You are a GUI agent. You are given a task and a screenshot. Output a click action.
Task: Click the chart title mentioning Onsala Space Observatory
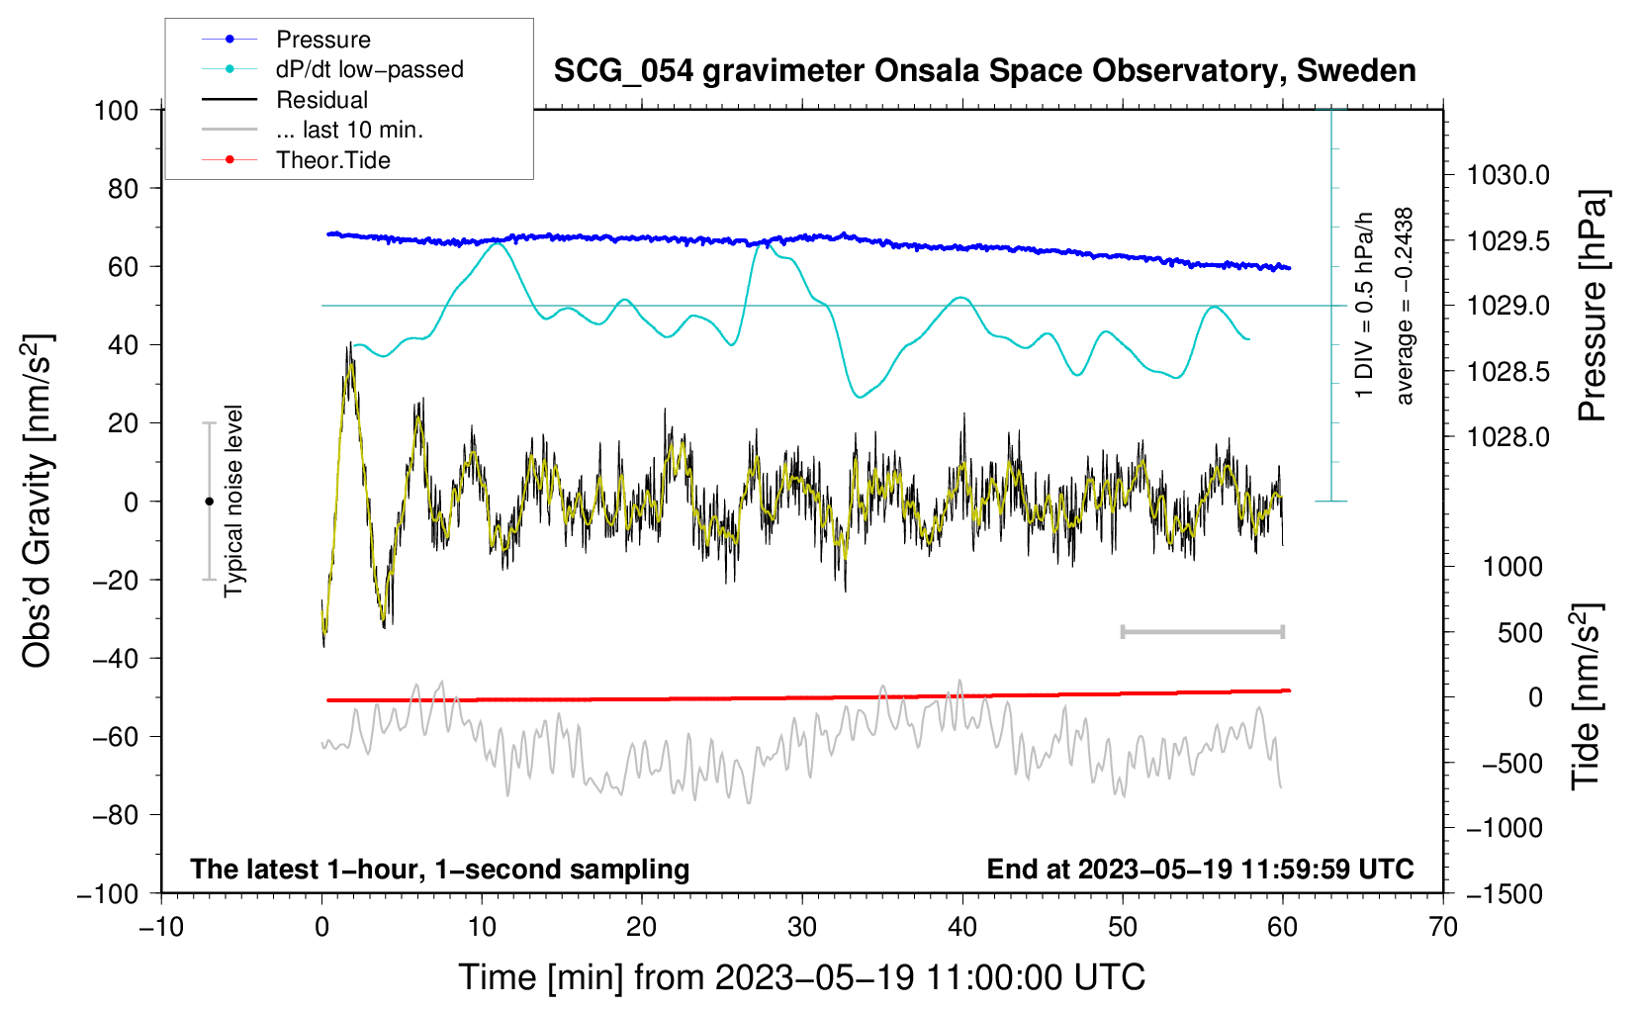[984, 71]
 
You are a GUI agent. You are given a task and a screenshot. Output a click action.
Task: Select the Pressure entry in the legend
[322, 40]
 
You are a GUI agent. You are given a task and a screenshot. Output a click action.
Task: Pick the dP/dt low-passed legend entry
[369, 69]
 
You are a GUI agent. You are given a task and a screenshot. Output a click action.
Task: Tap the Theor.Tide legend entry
[332, 160]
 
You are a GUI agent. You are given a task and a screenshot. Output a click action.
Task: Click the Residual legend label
[321, 100]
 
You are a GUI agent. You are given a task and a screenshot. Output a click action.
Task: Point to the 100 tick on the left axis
[116, 110]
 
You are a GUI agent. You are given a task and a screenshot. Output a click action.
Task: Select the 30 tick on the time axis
[802, 927]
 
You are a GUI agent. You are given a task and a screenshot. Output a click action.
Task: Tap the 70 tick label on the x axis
[1443, 927]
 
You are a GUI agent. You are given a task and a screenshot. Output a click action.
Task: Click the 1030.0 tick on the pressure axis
[1507, 175]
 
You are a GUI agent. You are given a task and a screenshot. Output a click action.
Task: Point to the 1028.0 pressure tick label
[1507, 437]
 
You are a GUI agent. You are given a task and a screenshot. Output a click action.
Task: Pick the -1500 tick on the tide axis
[1504, 893]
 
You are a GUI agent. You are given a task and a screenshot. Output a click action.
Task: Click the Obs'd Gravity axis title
[38, 502]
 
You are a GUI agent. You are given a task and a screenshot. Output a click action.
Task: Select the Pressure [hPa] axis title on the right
[1592, 306]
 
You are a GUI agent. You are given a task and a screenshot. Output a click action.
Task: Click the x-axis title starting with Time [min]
[802, 977]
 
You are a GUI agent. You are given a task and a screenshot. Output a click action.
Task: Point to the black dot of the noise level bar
[209, 502]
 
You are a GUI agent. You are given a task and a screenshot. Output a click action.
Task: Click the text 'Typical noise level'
[233, 502]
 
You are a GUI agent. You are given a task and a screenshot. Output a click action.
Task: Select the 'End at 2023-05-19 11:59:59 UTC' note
[1200, 870]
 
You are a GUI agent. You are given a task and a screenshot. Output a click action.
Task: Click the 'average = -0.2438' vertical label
[1405, 306]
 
